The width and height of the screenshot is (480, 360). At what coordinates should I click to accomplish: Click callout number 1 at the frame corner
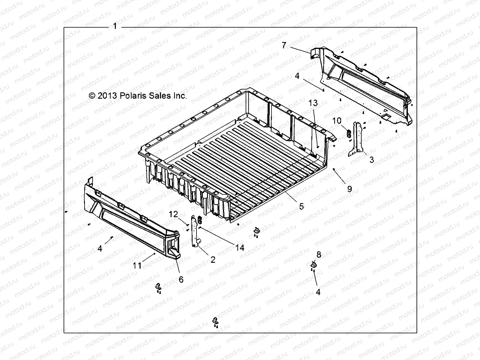[x=115, y=26]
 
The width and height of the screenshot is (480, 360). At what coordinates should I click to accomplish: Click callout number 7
[x=284, y=45]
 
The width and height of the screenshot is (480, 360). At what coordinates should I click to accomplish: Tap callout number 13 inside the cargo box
[x=313, y=103]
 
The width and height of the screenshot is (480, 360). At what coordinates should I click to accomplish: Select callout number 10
[x=337, y=121]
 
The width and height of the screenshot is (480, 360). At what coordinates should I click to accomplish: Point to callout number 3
[x=371, y=160]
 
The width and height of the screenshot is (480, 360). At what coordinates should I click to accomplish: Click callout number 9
[x=349, y=189]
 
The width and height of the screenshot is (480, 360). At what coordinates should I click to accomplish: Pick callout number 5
[x=301, y=206]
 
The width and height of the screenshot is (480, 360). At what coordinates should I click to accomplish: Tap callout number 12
[x=173, y=214]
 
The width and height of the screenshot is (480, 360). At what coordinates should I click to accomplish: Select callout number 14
[x=240, y=247]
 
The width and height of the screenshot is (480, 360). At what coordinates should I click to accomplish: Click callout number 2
[x=213, y=259]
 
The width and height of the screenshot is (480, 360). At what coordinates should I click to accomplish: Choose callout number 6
[x=181, y=279]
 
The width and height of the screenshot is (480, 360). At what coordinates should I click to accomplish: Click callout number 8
[x=319, y=255]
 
